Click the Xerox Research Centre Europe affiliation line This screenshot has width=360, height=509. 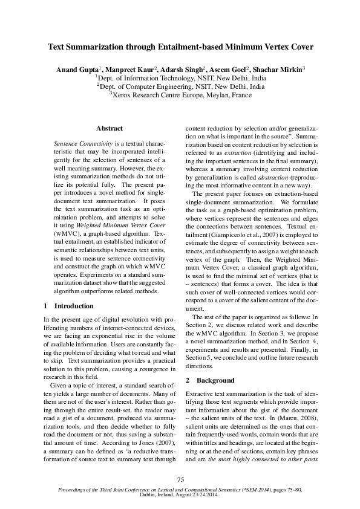[180, 95]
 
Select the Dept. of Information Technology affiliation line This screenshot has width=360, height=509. [180, 78]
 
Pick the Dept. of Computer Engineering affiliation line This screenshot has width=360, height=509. [180, 86]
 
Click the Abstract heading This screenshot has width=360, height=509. [110, 129]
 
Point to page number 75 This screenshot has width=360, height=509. [180, 479]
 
